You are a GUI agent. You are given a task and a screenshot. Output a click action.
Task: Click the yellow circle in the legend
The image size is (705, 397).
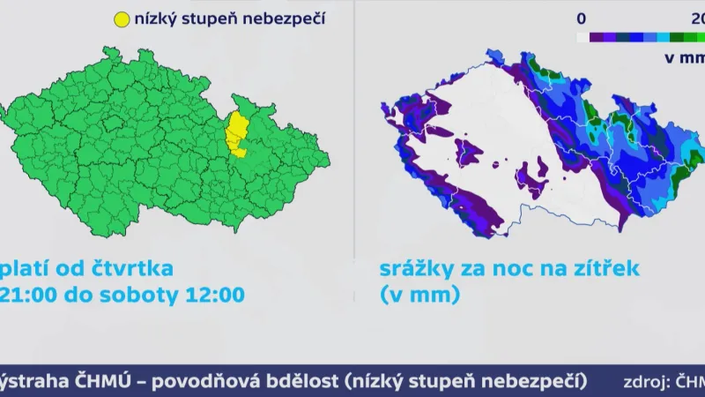[122, 19]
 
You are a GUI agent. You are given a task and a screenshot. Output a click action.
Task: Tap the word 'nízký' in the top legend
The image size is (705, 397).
[156, 19]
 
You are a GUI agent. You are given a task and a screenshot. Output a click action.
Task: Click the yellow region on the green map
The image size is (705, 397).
[236, 131]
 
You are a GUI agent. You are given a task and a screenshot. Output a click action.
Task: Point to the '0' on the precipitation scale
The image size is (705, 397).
[582, 18]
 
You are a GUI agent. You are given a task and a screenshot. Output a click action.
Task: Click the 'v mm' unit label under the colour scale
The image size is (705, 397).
[684, 58]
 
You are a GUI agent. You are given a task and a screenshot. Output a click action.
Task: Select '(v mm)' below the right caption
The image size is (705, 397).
[419, 295]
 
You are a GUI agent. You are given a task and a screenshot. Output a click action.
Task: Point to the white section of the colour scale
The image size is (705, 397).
[583, 38]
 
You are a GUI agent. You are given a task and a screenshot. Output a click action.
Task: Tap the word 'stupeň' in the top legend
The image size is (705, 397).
[212, 19]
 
